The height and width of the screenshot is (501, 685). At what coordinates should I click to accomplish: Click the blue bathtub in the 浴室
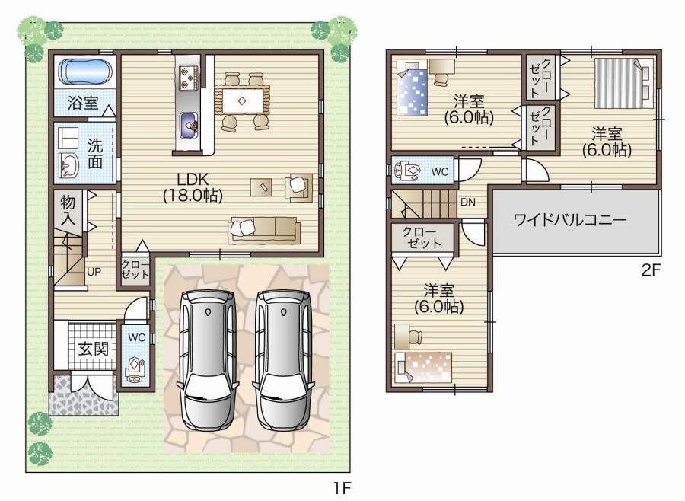[x=85, y=72]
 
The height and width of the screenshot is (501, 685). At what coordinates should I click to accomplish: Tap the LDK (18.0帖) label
[x=193, y=187]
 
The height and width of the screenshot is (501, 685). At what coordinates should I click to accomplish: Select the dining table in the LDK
[x=241, y=100]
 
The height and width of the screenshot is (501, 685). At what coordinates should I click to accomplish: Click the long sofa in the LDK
[x=264, y=230]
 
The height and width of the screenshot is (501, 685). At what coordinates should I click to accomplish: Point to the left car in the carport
[x=208, y=359]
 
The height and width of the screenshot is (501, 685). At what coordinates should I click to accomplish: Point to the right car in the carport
[x=284, y=359]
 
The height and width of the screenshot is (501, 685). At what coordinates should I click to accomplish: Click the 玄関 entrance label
[x=93, y=349]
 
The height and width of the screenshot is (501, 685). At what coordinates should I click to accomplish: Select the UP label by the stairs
[x=94, y=272]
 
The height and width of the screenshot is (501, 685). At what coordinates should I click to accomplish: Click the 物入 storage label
[x=68, y=210]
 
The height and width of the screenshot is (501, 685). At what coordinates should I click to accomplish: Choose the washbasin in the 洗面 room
[x=68, y=166]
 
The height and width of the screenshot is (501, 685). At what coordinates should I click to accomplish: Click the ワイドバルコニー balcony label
[x=570, y=219]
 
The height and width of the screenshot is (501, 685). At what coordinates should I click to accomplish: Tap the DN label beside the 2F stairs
[x=468, y=203]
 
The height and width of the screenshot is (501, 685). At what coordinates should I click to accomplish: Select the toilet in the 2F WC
[x=406, y=170]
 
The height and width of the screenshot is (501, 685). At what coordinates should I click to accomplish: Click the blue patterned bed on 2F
[x=412, y=89]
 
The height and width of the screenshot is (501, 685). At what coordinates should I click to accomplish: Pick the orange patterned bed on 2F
[x=423, y=367]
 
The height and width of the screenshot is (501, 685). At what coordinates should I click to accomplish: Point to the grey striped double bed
[x=625, y=83]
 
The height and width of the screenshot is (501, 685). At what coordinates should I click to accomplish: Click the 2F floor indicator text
[x=650, y=270]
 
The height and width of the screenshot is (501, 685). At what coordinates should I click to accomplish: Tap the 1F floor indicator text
[x=342, y=488]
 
